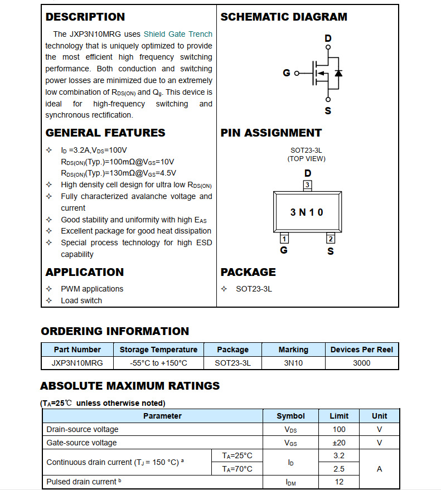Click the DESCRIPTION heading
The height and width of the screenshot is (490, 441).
85,17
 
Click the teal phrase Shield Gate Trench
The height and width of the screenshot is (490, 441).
178,34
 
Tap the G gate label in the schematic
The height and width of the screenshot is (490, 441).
287,73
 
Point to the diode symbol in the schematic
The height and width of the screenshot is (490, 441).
338,73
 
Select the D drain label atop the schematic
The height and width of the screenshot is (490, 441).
328,38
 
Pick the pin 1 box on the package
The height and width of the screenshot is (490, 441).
284,239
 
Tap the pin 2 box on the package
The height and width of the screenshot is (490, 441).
331,239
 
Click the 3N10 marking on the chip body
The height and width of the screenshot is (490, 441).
307,212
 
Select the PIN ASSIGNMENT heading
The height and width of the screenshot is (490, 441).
271,133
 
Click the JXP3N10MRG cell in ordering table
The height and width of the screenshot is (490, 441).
77,363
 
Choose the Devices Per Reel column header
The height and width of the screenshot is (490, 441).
361,350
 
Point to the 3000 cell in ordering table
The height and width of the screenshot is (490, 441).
361,363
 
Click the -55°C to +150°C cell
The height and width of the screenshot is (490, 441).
158,363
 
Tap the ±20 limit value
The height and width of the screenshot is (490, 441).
339,443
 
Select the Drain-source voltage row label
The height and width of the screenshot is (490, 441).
83,429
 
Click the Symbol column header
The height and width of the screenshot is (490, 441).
290,416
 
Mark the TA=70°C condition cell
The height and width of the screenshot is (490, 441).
237,469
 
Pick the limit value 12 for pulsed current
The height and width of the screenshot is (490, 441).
339,482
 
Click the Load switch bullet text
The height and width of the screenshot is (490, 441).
81,300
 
